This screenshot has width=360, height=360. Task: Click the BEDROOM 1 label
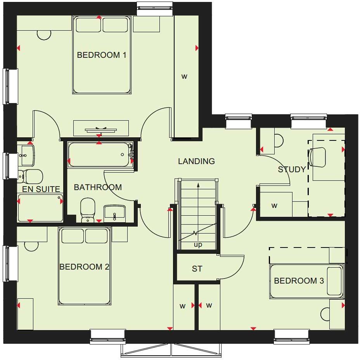tap(102, 55)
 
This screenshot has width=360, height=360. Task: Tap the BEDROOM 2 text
tap(84, 267)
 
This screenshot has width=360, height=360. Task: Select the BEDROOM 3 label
tap(299, 280)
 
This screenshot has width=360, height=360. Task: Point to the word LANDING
tap(196, 161)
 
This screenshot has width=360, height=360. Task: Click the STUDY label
tap(292, 170)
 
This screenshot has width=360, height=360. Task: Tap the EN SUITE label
tap(41, 189)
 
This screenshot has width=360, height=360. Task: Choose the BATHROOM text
tap(98, 187)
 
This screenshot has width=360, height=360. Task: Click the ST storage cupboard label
tap(197, 269)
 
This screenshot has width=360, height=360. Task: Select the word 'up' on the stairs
tap(198, 245)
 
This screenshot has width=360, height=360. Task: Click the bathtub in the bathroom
tap(100, 155)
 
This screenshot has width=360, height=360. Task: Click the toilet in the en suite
tap(30, 177)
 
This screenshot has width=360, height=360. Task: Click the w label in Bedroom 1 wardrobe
tap(184, 76)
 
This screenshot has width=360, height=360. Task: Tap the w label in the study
tap(274, 206)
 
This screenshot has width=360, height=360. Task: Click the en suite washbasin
tap(26, 154)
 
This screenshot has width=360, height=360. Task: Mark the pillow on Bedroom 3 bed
tap(334, 281)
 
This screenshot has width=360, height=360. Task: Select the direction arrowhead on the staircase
tap(198, 185)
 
